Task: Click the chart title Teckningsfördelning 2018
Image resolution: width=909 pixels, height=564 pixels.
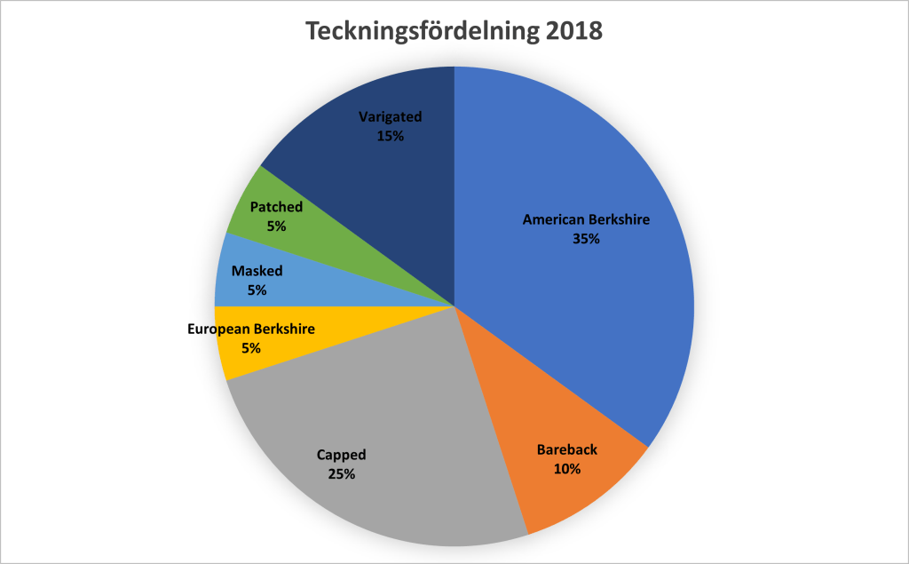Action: point(454,31)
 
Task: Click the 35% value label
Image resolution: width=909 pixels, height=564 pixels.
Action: point(586,239)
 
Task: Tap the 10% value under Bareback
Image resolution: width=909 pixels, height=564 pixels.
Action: point(566,469)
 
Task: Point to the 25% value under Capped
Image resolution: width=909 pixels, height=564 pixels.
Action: point(341,474)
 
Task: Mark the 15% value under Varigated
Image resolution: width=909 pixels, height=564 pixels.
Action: point(390,137)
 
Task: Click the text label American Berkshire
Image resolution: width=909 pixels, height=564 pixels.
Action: point(586,219)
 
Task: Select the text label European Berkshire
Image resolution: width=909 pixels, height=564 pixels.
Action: point(251,330)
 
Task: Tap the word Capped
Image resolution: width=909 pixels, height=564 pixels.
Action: point(341,455)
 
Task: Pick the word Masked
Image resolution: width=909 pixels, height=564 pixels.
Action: point(257,271)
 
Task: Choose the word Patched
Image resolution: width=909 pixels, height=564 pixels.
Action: point(276,207)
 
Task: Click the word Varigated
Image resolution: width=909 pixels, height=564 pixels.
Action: point(390,117)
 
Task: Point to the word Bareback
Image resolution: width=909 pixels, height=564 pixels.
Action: point(566,449)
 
